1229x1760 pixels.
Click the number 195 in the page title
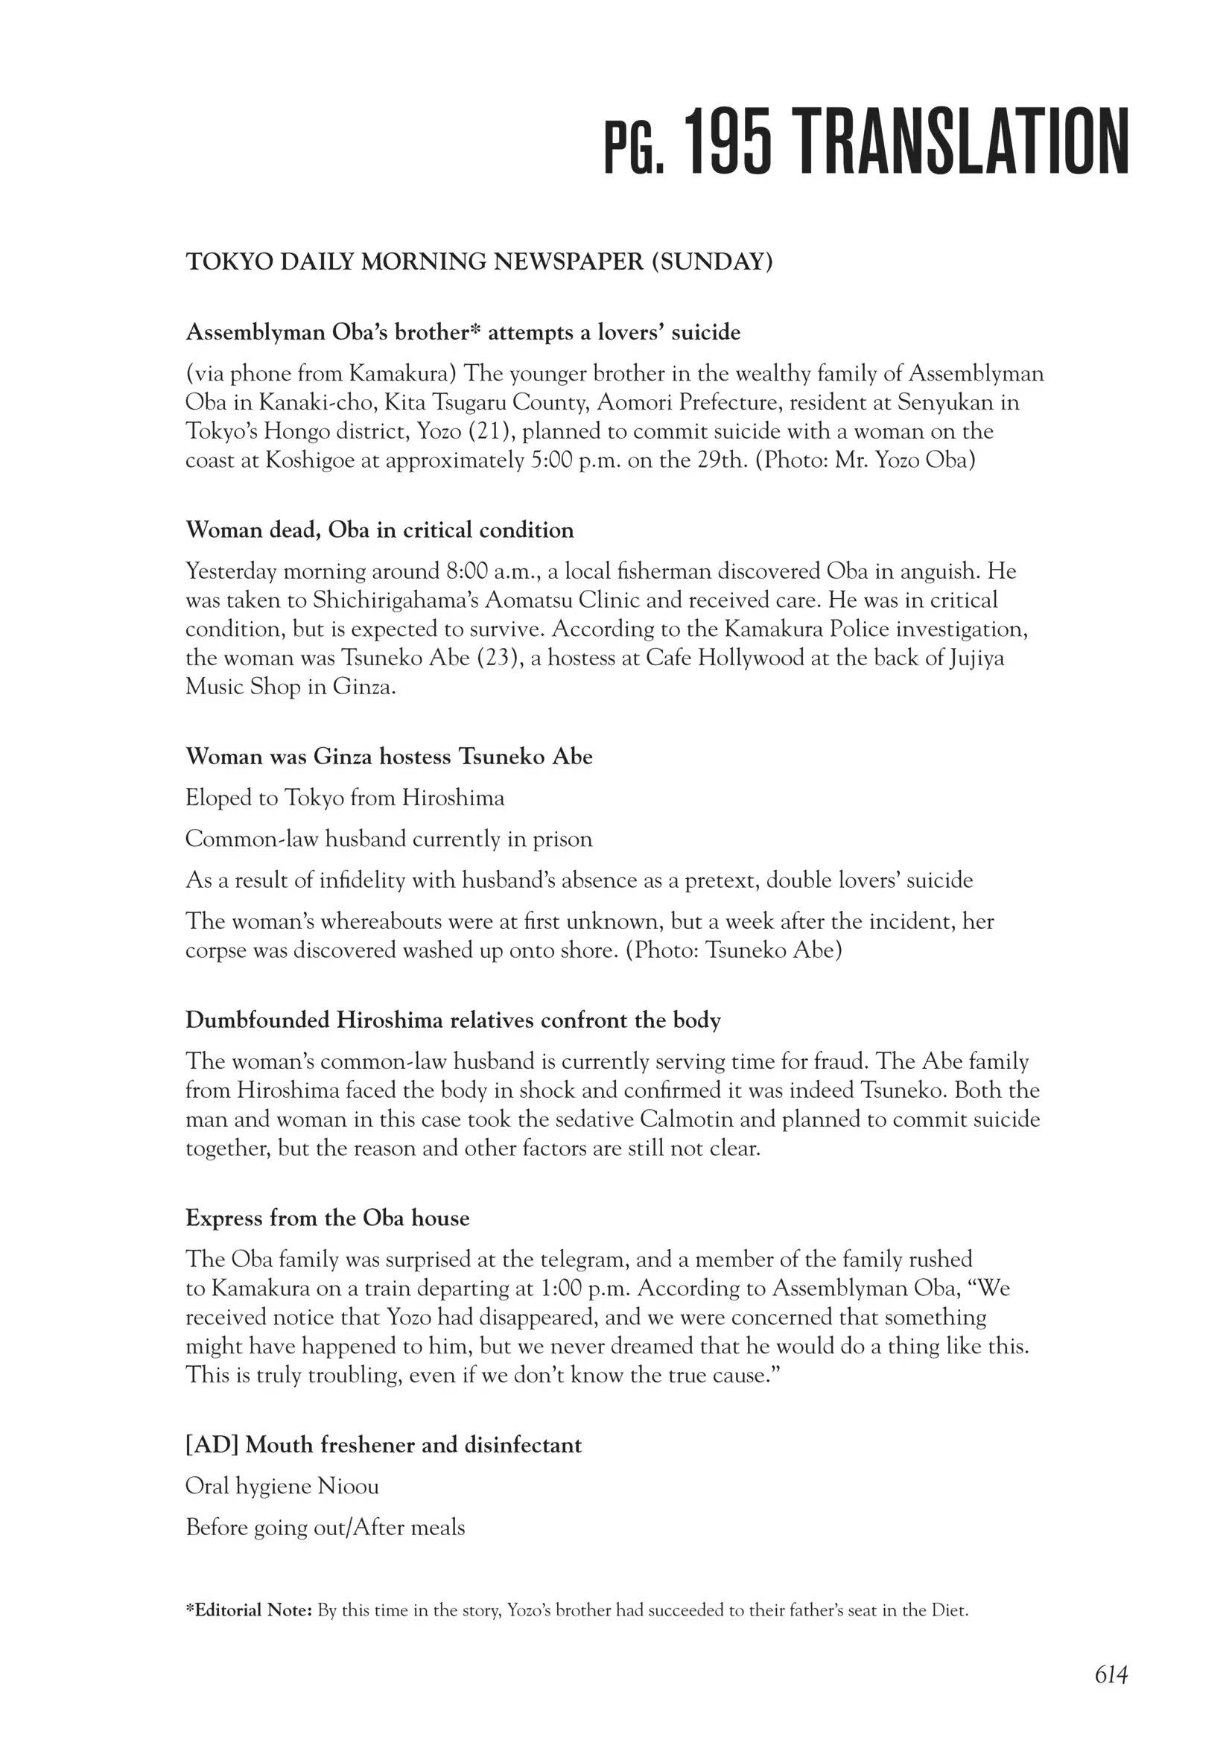coord(727,142)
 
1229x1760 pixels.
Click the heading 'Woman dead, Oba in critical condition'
coord(380,530)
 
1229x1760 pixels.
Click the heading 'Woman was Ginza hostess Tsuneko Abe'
coord(389,757)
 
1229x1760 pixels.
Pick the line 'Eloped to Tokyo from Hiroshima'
coord(345,798)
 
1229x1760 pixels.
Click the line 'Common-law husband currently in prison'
coord(389,839)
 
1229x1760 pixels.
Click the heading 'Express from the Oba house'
coord(328,1218)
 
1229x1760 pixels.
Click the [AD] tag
coord(212,1445)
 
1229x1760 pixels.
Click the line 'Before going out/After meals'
coord(325,1528)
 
